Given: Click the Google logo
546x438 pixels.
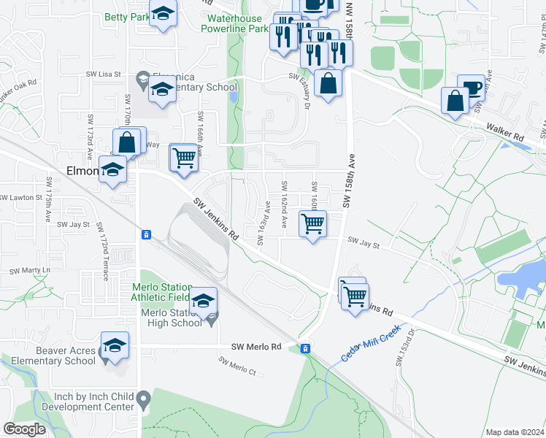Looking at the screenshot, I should coord(23,429).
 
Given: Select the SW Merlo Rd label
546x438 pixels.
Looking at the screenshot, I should coord(255,347).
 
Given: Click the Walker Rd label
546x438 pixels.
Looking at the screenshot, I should coord(507,137).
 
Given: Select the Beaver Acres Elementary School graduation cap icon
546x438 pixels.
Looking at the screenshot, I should coord(115,345).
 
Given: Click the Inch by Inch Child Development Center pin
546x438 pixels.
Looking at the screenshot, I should coord(144,399).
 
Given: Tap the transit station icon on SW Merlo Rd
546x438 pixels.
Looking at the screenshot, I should coord(306,348).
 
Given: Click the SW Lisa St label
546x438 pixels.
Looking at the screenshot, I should coord(103,74).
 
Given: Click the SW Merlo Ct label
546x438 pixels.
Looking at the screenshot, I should coord(237,366).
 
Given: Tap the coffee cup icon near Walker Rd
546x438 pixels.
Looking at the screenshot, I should coord(471,88).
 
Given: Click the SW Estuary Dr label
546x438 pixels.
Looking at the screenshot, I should coord(300,91).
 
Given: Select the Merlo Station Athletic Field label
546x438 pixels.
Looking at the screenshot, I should coord(161,291).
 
